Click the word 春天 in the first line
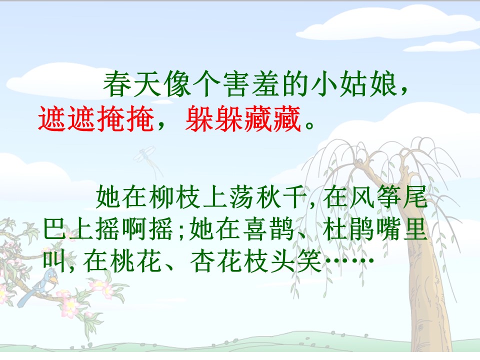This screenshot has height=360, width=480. [130, 86]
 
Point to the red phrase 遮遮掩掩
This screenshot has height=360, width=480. [95, 120]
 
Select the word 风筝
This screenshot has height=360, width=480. [376, 198]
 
